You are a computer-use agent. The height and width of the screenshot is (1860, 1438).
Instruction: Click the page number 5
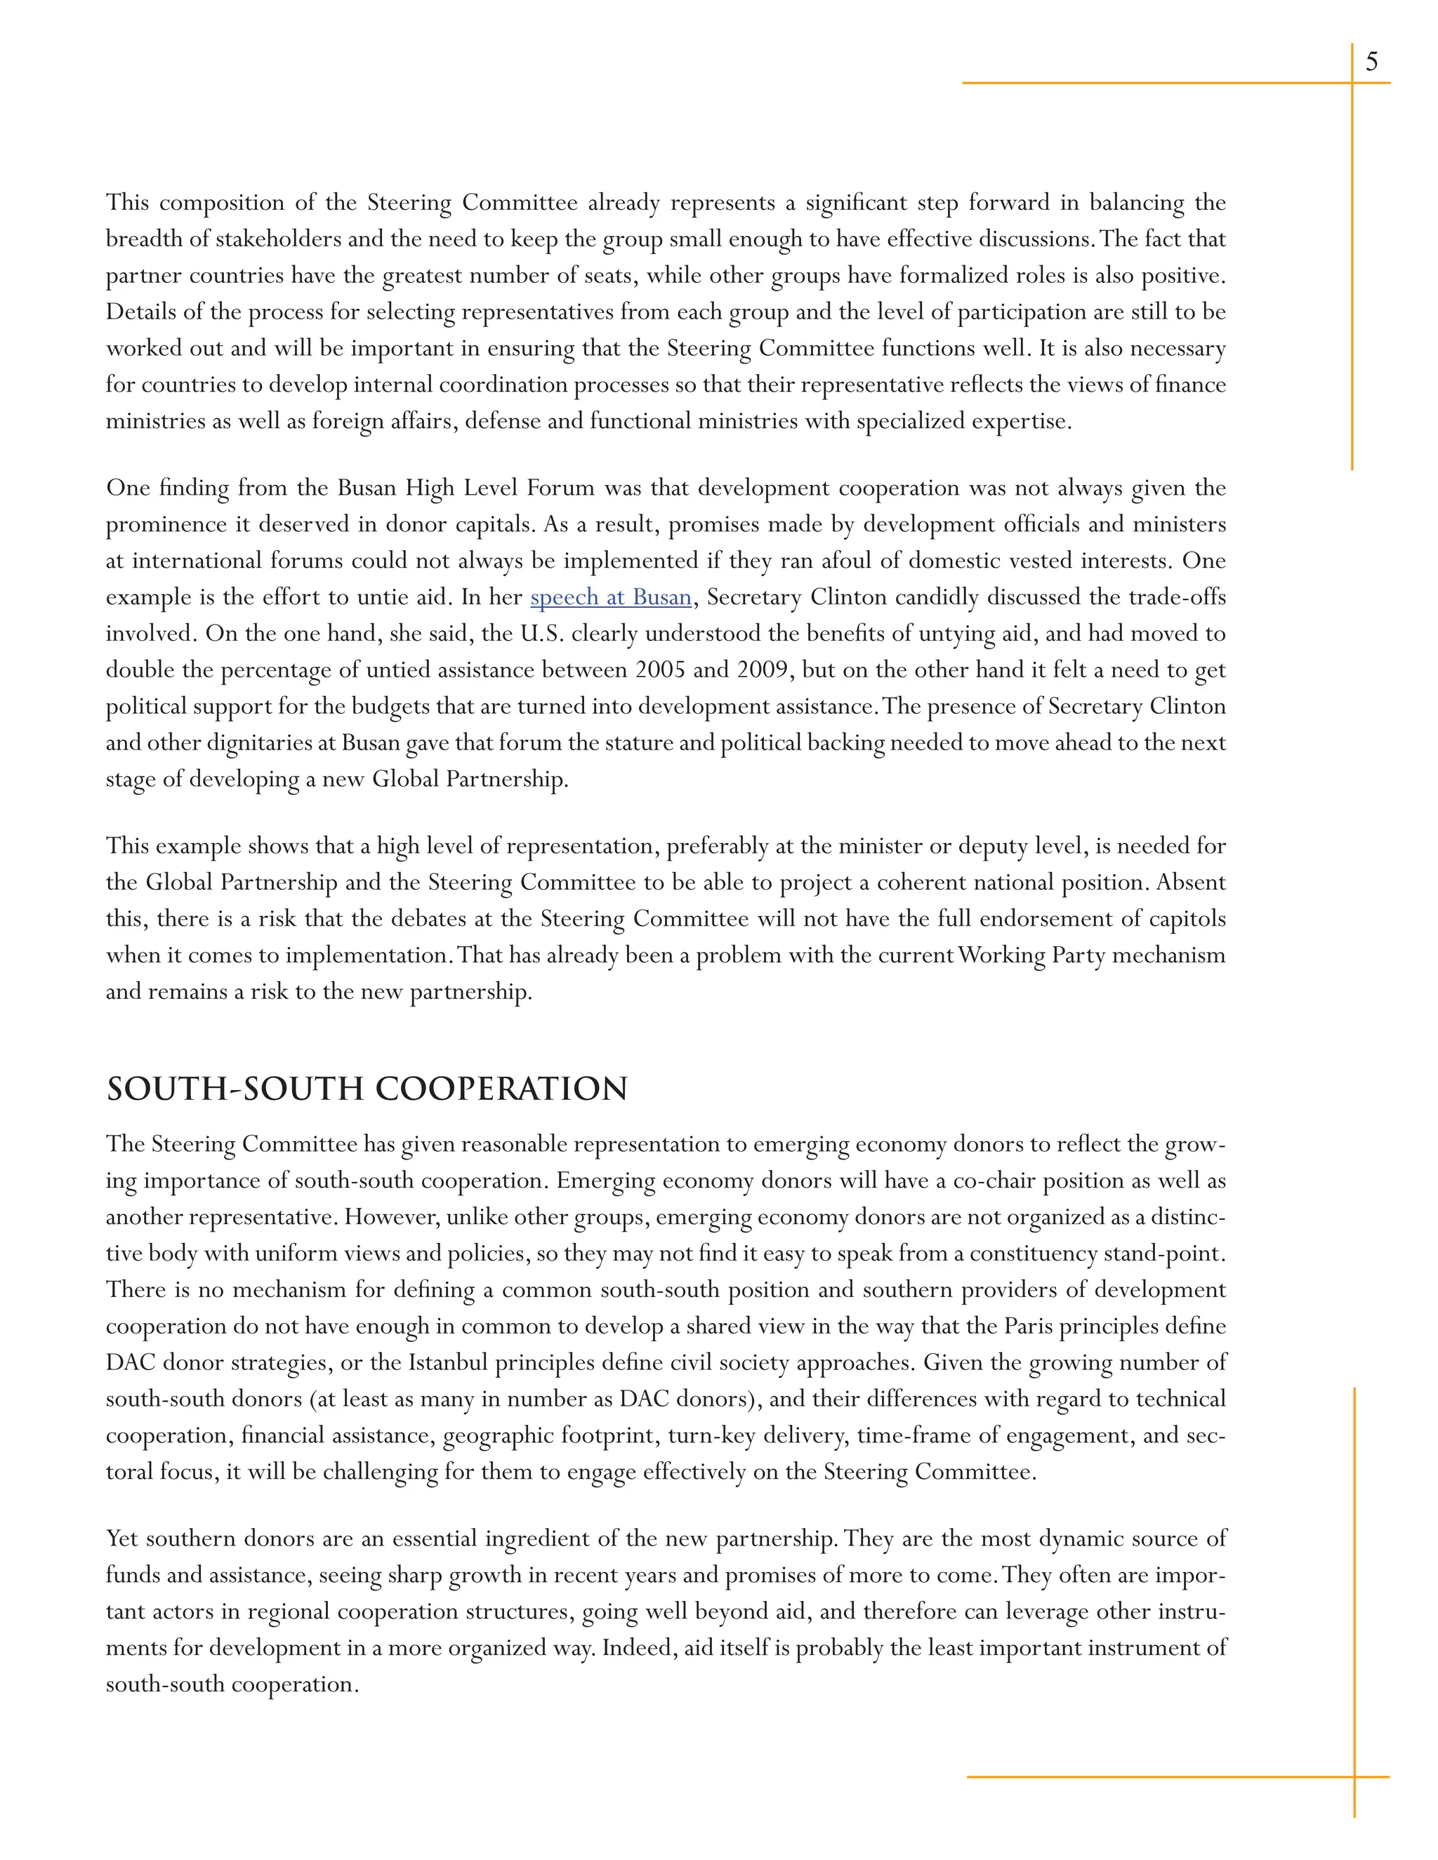[1371, 61]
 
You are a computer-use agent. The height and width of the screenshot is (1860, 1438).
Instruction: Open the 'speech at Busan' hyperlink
[610, 597]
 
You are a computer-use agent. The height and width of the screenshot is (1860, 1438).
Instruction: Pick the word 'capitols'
[1189, 919]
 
